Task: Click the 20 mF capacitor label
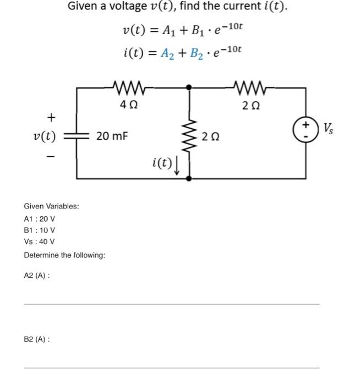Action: tap(112, 135)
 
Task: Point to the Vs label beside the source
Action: tap(328, 130)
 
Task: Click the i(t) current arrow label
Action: tap(161, 163)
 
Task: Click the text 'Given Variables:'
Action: tap(52, 206)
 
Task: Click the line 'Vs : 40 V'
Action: tap(40, 242)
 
